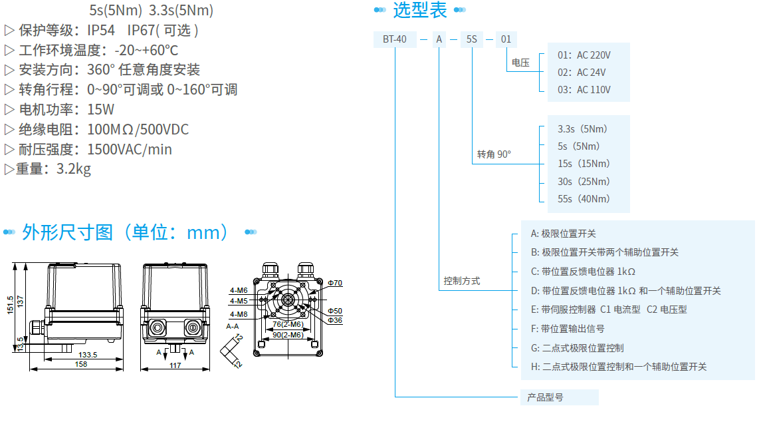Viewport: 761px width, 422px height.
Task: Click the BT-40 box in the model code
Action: [395, 39]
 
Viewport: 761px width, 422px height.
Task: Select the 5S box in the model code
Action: [472, 39]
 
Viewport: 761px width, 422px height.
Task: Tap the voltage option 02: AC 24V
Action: [582, 72]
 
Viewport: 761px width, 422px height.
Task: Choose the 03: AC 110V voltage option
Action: [584, 89]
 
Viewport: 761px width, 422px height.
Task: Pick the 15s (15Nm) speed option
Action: [584, 163]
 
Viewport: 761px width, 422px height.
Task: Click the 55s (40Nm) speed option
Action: [584, 198]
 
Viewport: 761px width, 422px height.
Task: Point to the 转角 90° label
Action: [494, 154]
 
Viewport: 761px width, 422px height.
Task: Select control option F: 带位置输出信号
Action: [563, 328]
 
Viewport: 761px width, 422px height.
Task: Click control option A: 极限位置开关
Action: [563, 233]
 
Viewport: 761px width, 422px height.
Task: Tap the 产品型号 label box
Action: [545, 397]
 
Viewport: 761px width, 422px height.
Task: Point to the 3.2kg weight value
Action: [74, 168]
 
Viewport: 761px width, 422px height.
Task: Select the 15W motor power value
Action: [100, 109]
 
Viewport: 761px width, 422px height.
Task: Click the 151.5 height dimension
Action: [10, 308]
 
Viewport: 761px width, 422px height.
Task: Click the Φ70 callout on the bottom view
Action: [335, 283]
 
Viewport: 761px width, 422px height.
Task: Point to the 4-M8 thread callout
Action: [239, 314]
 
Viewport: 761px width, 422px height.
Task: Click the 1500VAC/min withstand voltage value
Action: [130, 149]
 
